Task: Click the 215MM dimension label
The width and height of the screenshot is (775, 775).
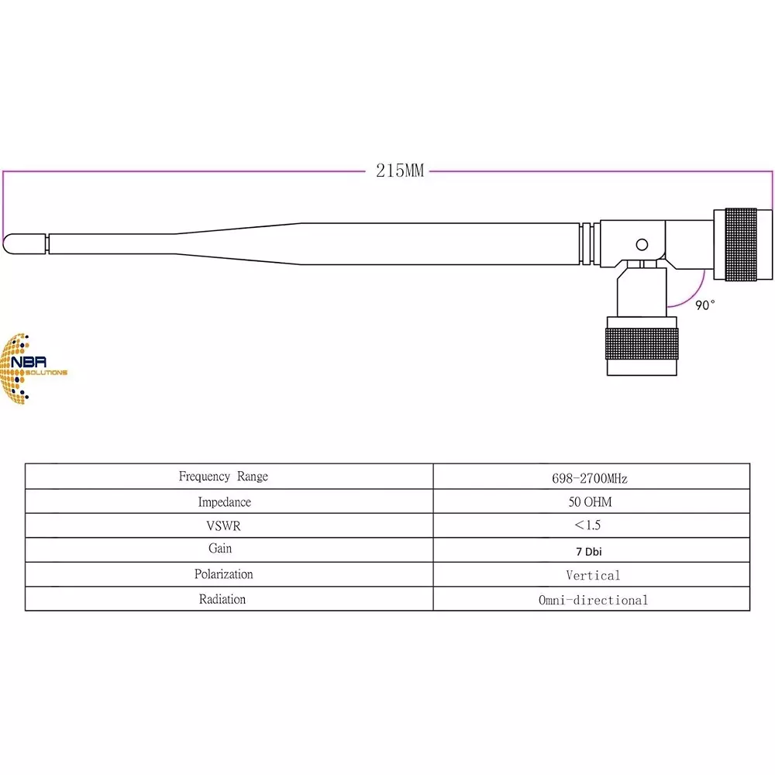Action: [x=400, y=170]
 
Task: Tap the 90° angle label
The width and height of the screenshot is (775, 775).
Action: [x=704, y=305]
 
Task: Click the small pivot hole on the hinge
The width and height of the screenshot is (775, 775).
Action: [x=642, y=245]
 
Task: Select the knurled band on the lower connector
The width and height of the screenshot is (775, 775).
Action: [x=642, y=342]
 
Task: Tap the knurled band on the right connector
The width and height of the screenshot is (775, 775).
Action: [x=741, y=244]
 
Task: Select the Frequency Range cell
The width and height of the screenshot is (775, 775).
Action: [x=223, y=477]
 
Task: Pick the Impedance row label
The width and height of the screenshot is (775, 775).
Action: [x=224, y=502]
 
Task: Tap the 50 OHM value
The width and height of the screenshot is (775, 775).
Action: [x=590, y=502]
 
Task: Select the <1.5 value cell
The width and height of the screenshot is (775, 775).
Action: [x=587, y=525]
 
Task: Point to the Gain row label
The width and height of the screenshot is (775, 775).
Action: [x=220, y=549]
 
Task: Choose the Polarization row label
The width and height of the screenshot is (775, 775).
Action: [x=223, y=574]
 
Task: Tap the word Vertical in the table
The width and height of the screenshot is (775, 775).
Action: [x=593, y=576]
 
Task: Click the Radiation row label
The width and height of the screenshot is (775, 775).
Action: [x=222, y=599]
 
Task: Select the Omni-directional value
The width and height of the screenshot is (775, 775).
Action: [x=593, y=600]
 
